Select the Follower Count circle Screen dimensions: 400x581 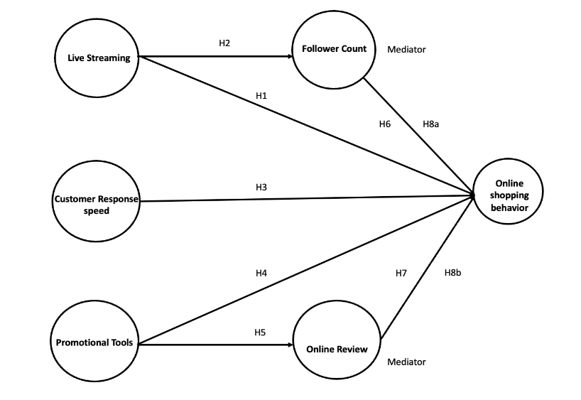[334, 49]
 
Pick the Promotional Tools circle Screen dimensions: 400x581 [95, 342]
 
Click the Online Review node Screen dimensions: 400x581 [337, 349]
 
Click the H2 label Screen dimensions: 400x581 [224, 43]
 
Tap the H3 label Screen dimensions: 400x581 [261, 187]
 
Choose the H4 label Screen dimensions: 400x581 [261, 272]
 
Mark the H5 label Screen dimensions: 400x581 [260, 332]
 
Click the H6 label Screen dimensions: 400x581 [384, 124]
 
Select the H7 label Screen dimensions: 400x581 [401, 273]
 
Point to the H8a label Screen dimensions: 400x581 [431, 124]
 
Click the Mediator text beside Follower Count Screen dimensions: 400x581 [406, 50]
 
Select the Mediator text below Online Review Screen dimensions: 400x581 [406, 362]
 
